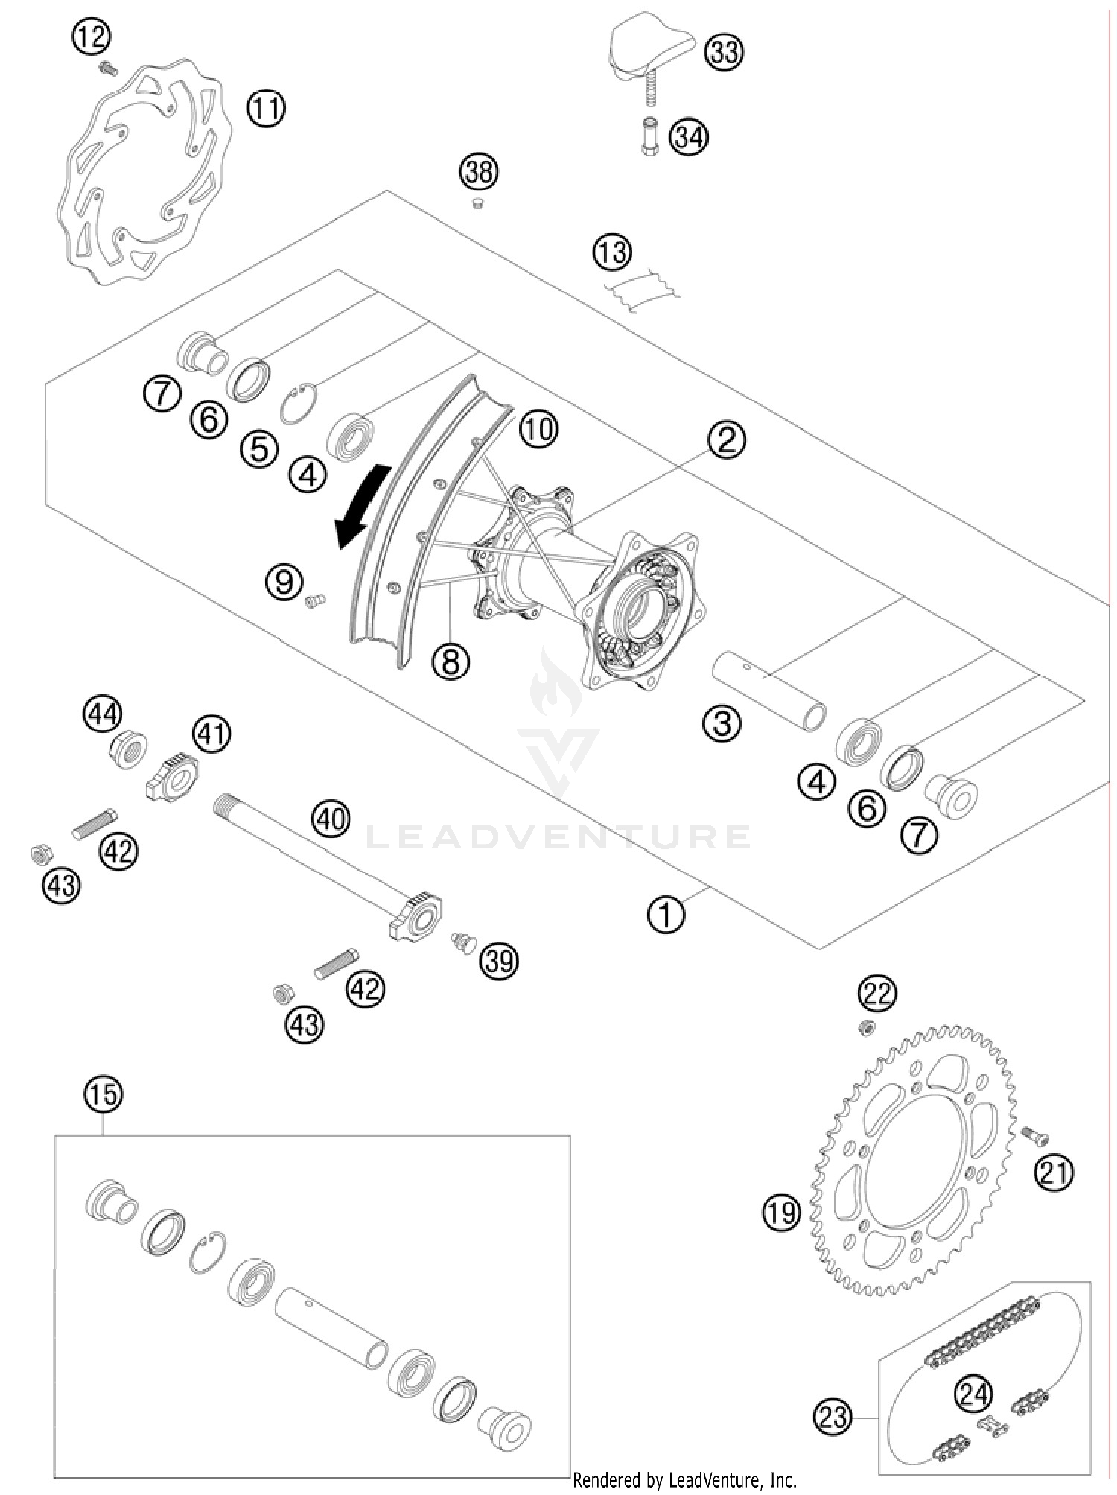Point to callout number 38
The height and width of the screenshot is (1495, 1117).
pos(478,172)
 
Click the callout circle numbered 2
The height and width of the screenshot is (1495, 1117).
pos(726,439)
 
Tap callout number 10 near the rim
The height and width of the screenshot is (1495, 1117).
pos(538,428)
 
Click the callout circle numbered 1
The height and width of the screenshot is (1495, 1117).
pos(666,914)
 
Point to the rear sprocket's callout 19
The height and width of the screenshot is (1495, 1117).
pos(780,1213)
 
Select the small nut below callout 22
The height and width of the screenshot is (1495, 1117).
pos(865,1029)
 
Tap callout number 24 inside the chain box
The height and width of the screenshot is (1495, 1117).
pos(975,1394)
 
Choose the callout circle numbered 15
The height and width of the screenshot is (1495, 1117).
pos(103,1094)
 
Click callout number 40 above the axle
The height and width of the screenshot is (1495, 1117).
pos(331,819)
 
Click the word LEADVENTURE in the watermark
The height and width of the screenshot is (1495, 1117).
pos(558,837)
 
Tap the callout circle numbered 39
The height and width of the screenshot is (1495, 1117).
pos(499,960)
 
